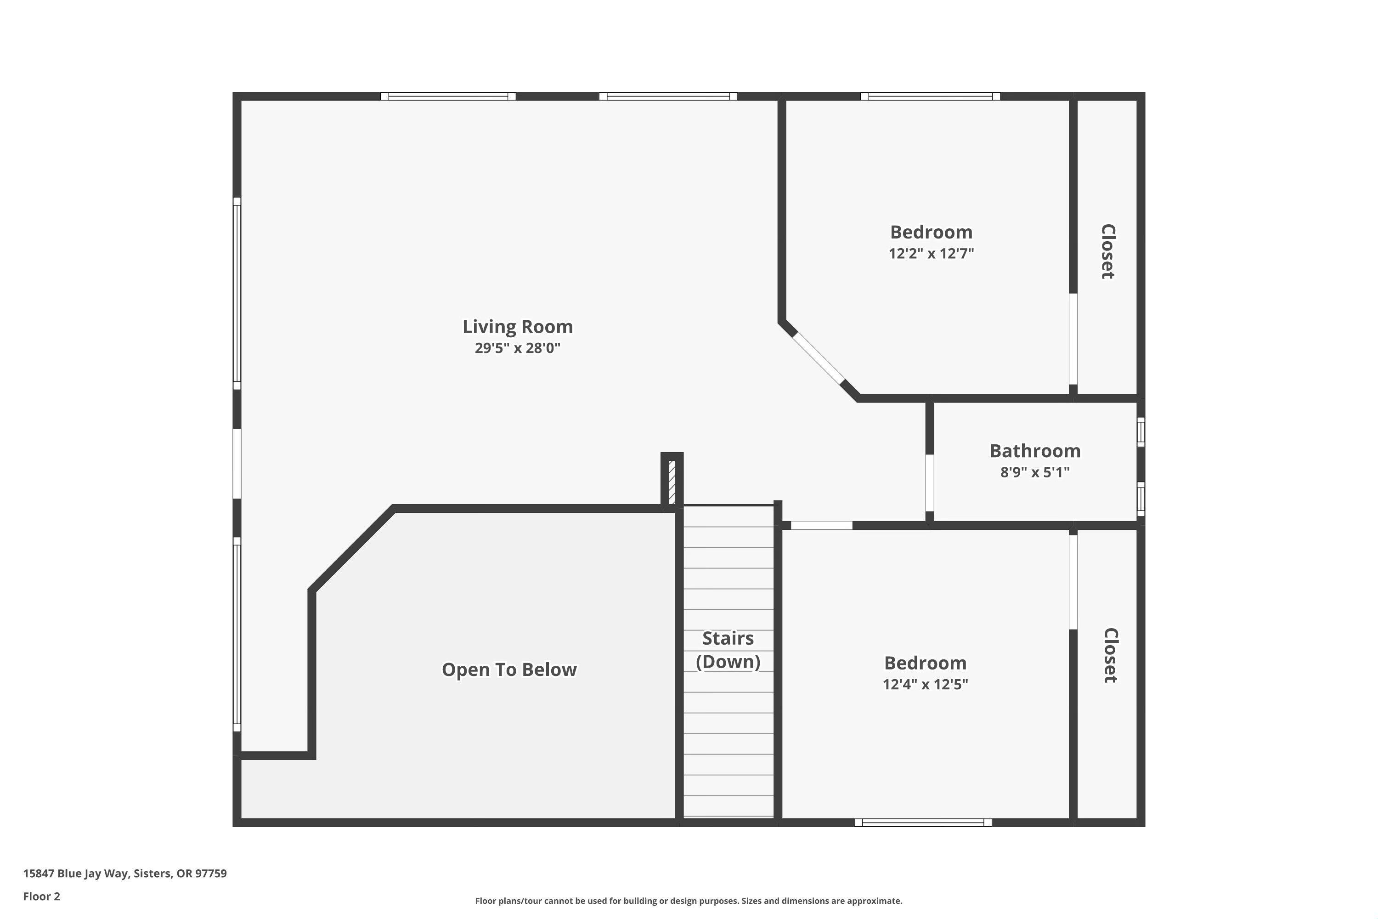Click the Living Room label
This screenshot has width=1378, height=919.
pyautogui.click(x=517, y=326)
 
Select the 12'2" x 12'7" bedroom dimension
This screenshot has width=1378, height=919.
pyautogui.click(x=931, y=254)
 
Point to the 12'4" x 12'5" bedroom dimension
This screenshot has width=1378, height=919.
pyautogui.click(x=925, y=685)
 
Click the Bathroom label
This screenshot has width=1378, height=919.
pyautogui.click(x=1035, y=451)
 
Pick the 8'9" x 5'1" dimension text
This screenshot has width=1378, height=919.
pyautogui.click(x=1035, y=472)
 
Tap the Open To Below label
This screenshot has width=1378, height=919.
pyautogui.click(x=509, y=669)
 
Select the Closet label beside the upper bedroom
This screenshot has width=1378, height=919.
pyautogui.click(x=1107, y=251)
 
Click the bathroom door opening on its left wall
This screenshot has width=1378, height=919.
pyautogui.click(x=929, y=483)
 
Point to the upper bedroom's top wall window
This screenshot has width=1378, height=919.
pyautogui.click(x=931, y=96)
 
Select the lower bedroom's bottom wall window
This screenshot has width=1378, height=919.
pyautogui.click(x=923, y=823)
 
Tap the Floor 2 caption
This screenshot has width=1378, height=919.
pyautogui.click(x=42, y=896)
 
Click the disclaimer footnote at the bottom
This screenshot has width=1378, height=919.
pyautogui.click(x=689, y=901)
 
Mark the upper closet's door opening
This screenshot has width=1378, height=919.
pyautogui.click(x=1073, y=339)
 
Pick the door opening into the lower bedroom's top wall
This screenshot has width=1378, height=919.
pyautogui.click(x=821, y=526)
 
